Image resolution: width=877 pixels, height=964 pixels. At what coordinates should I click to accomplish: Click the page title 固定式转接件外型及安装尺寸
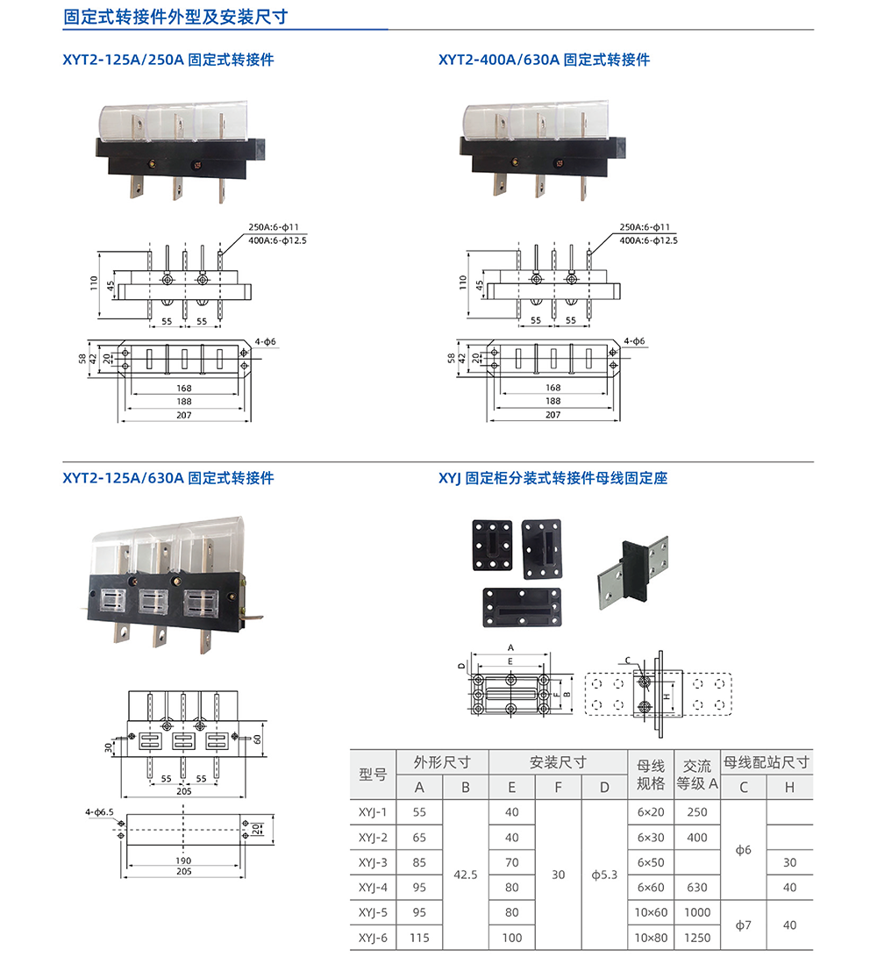(x=176, y=17)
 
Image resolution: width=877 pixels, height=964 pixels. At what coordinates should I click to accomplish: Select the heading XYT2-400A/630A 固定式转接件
(x=544, y=60)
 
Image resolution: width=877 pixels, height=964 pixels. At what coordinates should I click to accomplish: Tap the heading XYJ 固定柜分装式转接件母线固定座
(x=553, y=478)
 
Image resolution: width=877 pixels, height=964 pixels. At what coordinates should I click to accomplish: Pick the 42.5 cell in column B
(x=466, y=875)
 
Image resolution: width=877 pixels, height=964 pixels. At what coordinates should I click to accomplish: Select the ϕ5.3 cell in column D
(x=604, y=875)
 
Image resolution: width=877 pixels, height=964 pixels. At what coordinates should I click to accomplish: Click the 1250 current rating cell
(x=697, y=938)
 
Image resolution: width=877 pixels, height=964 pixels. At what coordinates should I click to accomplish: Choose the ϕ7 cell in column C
(x=743, y=925)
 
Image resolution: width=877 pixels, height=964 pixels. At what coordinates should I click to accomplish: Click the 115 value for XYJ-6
(x=419, y=938)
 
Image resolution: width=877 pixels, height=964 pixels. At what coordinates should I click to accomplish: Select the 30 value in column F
(x=558, y=875)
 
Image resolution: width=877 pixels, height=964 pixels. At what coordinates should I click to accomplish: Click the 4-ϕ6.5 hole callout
(x=100, y=812)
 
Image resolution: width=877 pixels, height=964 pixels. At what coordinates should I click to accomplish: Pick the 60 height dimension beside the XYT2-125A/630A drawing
(x=258, y=739)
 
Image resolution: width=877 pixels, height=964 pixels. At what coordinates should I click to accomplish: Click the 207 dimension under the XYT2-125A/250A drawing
(x=182, y=415)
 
